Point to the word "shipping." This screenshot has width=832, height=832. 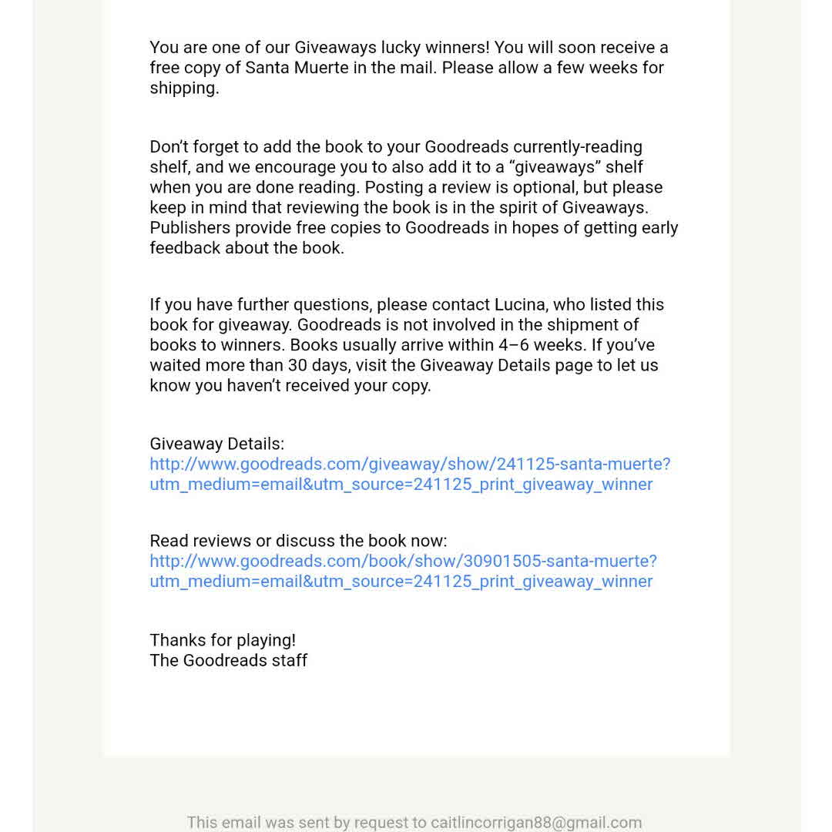point(184,88)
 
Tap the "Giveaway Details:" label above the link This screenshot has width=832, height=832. point(217,444)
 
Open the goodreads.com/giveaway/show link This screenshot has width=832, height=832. point(410,465)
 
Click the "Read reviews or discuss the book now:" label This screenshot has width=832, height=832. point(298,541)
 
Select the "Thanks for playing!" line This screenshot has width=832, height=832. point(223,640)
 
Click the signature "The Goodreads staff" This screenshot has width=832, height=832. point(229,660)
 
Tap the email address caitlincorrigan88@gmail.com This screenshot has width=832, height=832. point(536,822)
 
